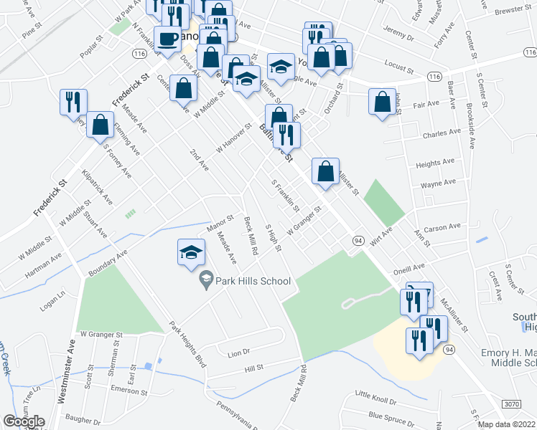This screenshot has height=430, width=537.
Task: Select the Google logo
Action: pos(24,421)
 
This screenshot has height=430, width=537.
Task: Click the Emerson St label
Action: pos(129,391)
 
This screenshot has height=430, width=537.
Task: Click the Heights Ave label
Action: pos(438,164)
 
